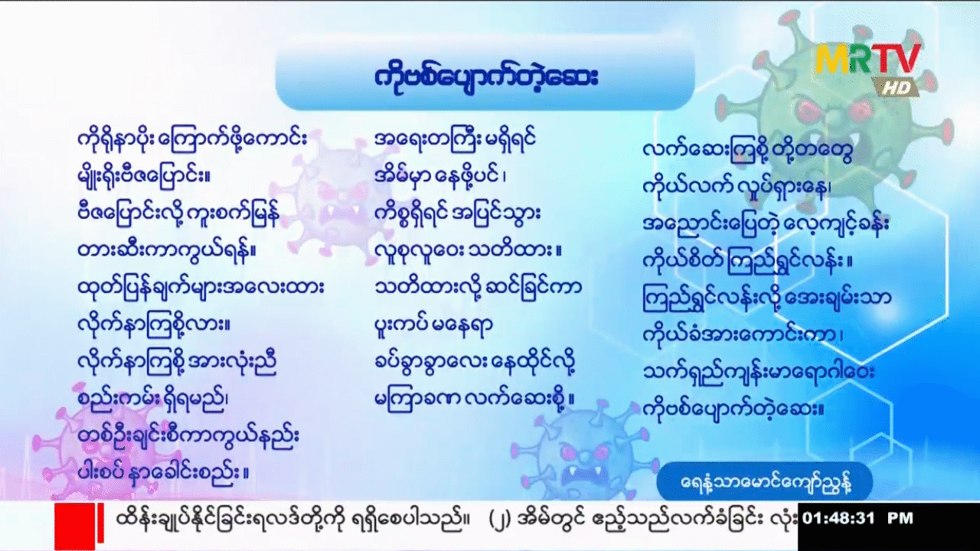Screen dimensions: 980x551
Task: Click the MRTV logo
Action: (868, 58)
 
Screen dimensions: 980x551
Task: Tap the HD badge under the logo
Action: (895, 87)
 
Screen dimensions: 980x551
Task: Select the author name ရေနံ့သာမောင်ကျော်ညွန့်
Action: (765, 483)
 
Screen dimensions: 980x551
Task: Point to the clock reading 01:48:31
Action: (838, 519)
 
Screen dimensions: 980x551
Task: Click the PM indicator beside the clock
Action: (900, 519)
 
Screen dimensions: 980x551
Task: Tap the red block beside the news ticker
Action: (75, 527)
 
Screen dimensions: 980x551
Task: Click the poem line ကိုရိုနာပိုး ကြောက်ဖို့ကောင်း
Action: (192, 139)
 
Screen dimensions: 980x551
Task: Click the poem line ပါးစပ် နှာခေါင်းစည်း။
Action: (164, 473)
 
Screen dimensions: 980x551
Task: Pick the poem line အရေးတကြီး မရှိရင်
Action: (456, 139)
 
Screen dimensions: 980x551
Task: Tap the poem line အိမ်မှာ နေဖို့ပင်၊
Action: (440, 176)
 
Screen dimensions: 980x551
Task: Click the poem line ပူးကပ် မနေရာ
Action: (434, 324)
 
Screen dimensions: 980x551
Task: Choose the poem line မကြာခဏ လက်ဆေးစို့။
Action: (475, 399)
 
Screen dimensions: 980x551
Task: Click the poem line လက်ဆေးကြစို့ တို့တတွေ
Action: (748, 151)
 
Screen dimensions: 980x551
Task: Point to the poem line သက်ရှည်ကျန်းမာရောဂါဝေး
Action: (759, 373)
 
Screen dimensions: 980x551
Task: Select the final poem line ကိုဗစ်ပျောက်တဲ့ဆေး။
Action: (733, 409)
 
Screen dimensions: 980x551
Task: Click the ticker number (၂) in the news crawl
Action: (498, 520)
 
